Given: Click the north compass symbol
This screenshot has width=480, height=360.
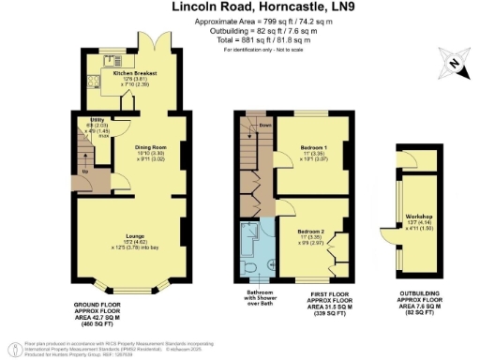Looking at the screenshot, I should pyautogui.click(x=454, y=64).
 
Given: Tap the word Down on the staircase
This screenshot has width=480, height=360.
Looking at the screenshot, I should pyautogui.click(x=264, y=124).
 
